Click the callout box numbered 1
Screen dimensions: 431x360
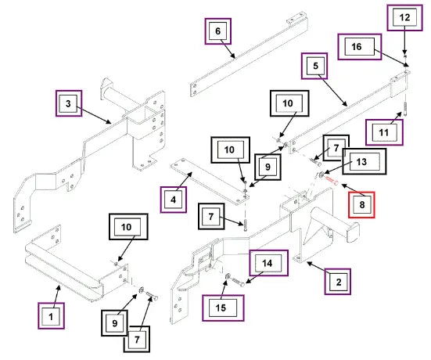(51, 315)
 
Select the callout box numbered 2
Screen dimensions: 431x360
(338, 282)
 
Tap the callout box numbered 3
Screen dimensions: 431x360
(69, 103)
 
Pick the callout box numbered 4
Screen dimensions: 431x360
(173, 200)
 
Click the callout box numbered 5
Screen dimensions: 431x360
(314, 66)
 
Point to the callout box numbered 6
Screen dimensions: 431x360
(218, 31)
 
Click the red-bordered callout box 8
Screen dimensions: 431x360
(361, 205)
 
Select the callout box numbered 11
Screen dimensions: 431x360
(384, 132)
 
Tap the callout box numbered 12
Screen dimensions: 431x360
(404, 17)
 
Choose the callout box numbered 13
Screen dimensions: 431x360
(365, 161)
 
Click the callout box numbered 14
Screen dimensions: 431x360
(268, 263)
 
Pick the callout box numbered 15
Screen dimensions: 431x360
(223, 308)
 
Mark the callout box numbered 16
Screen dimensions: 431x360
(360, 46)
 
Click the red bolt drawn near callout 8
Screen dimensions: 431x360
(332, 181)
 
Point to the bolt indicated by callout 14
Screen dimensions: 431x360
(239, 283)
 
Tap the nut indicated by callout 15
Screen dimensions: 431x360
(228, 276)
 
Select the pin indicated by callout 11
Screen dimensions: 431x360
(406, 109)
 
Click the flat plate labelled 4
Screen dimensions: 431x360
(210, 181)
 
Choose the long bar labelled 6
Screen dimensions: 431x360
(249, 55)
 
